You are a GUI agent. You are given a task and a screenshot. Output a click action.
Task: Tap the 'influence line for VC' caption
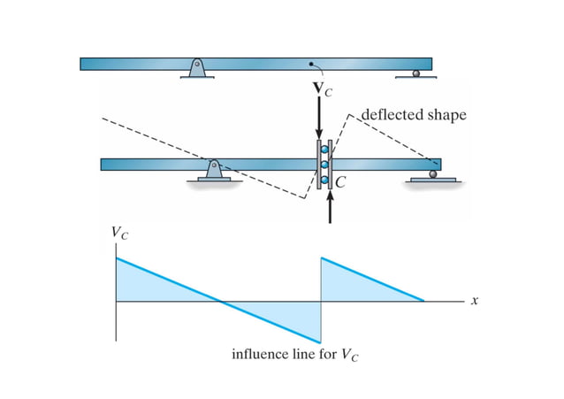(x=296, y=356)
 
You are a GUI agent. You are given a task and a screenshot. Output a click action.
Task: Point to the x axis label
(x=475, y=301)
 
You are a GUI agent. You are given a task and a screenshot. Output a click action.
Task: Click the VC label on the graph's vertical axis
(x=117, y=234)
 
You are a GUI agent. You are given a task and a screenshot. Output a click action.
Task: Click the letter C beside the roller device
(x=340, y=182)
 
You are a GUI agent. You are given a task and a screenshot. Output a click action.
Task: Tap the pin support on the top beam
(x=197, y=68)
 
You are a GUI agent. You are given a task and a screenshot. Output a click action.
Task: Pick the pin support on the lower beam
(x=213, y=170)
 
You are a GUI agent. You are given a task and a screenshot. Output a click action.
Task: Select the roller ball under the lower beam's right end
(x=432, y=174)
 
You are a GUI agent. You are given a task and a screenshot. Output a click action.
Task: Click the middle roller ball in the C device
(x=324, y=165)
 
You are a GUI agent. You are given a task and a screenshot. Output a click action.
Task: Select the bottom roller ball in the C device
(x=324, y=180)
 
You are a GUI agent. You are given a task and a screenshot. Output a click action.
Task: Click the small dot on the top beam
(x=310, y=64)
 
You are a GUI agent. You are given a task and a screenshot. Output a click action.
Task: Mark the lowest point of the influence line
(x=319, y=342)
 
